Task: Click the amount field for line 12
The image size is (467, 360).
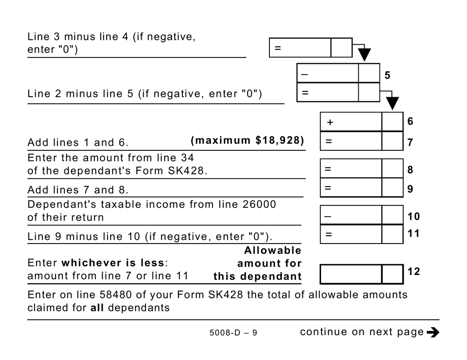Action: point(351,274)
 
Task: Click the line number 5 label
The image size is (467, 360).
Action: point(387,76)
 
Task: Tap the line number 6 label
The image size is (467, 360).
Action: point(410,121)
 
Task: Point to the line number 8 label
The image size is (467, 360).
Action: point(410,170)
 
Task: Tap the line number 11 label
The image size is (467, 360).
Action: point(414,233)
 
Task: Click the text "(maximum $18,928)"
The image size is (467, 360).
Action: point(247,140)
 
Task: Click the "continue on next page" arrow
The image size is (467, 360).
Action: point(433,332)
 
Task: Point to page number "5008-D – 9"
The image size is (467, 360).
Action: point(233,333)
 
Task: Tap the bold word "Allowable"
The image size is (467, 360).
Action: point(273,250)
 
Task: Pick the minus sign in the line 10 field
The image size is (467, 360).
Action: point(328,215)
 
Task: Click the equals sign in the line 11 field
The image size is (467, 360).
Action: point(328,234)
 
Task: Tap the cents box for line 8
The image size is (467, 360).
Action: point(392,169)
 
